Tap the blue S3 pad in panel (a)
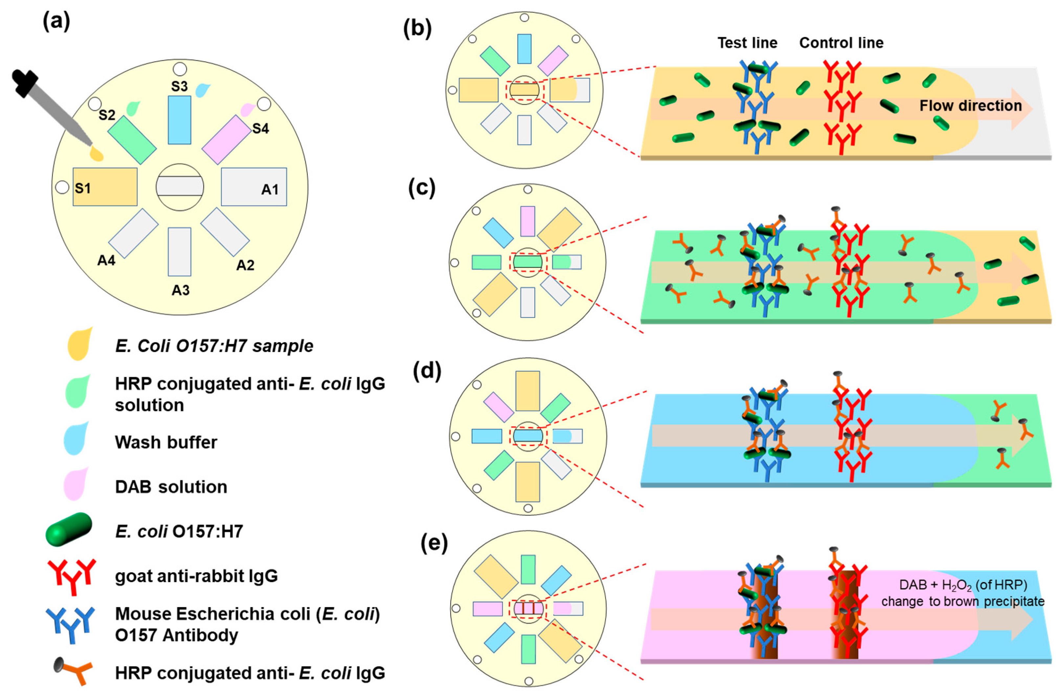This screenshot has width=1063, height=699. point(180,120)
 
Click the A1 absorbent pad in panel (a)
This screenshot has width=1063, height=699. point(254,187)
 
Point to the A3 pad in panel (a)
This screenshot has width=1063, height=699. point(180,251)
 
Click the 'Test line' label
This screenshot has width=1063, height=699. point(747,43)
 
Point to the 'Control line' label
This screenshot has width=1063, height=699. point(841,43)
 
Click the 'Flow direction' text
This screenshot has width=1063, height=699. point(970,106)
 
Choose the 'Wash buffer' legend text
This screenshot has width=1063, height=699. point(166,442)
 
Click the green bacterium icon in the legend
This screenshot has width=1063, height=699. point(69,529)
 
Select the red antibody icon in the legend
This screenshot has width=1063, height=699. point(72,576)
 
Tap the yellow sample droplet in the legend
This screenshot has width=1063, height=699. point(79,344)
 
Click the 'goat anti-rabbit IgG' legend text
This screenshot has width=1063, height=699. point(196,576)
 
